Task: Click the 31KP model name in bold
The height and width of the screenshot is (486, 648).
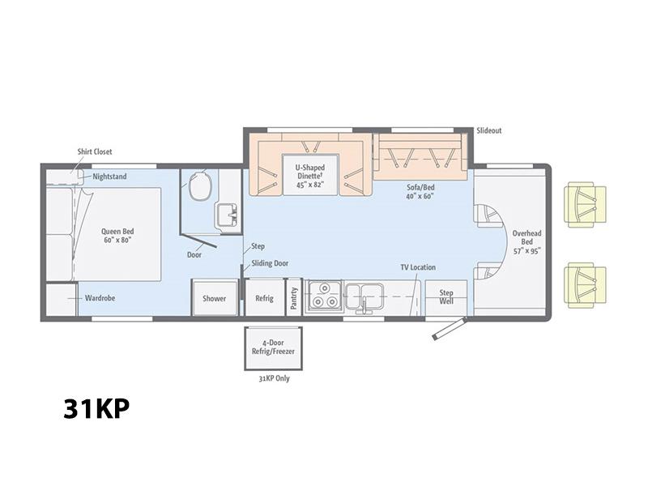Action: click(x=96, y=409)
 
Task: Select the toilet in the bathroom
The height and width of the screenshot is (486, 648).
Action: click(x=200, y=185)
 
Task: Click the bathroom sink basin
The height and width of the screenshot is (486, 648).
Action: click(x=227, y=215)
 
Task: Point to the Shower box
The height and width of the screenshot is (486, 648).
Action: click(x=214, y=297)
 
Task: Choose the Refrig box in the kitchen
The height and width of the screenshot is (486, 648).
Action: click(x=265, y=297)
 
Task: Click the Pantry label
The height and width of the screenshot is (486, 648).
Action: click(x=294, y=298)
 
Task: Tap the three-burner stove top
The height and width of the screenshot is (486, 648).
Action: click(x=323, y=296)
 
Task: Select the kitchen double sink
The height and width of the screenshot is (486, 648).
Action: click(x=364, y=296)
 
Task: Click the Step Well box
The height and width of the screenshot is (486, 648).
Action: click(x=446, y=297)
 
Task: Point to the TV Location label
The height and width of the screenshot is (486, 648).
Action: click(x=418, y=267)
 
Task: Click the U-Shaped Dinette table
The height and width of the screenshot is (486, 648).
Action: click(x=310, y=175)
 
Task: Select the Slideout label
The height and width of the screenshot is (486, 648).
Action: click(x=489, y=130)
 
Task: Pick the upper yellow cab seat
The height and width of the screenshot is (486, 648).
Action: click(x=585, y=205)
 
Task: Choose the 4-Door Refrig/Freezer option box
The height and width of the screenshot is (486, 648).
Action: click(x=273, y=348)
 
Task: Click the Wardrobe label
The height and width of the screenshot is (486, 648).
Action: click(x=100, y=297)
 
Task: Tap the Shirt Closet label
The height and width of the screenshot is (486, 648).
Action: click(x=95, y=151)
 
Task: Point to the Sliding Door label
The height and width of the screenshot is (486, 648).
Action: click(x=270, y=263)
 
